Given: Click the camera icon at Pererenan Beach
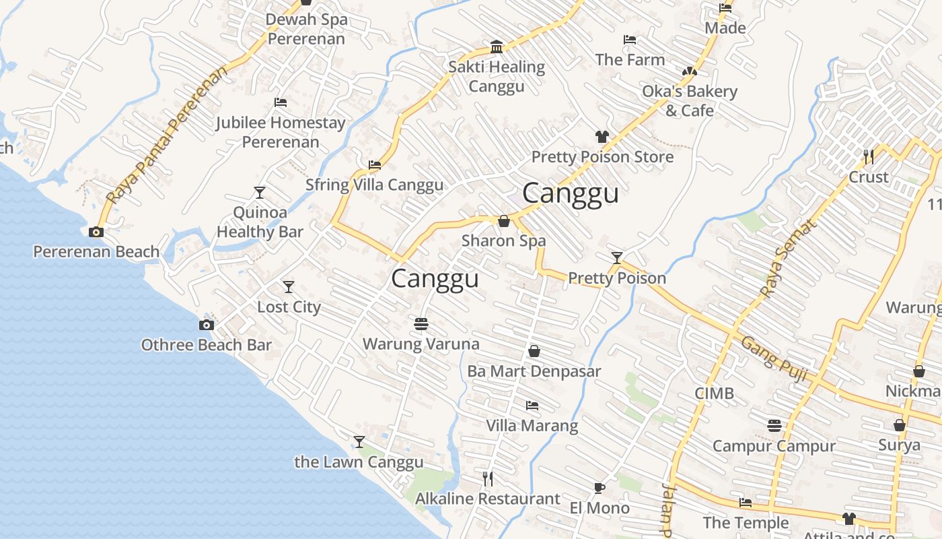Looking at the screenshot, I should pyautogui.click(x=96, y=232).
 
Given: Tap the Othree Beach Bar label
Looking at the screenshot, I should pyautogui.click(x=206, y=345).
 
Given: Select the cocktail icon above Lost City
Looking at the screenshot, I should pyautogui.click(x=289, y=287).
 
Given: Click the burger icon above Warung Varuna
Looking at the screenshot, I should pyautogui.click(x=421, y=324).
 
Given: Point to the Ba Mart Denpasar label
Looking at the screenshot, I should pyautogui.click(x=534, y=371).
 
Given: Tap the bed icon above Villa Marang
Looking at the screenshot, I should pyautogui.click(x=532, y=406).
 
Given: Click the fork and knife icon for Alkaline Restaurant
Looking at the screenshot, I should pyautogui.click(x=488, y=479).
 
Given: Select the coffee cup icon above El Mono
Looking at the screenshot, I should pyautogui.click(x=600, y=488).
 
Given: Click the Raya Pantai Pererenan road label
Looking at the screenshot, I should pyautogui.click(x=168, y=135).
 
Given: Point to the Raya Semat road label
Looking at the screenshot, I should pyautogui.click(x=788, y=259).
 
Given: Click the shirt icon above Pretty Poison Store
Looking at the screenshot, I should pyautogui.click(x=602, y=137).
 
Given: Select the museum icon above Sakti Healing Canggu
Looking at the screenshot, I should pyautogui.click(x=497, y=46).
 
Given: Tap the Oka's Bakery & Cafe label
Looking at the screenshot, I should pyautogui.click(x=690, y=100).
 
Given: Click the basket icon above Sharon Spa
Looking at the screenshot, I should pyautogui.click(x=503, y=221).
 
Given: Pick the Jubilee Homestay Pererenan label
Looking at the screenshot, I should pyautogui.click(x=281, y=132).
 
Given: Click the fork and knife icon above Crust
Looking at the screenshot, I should pyautogui.click(x=869, y=157).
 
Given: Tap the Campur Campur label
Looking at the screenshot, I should pyautogui.click(x=774, y=446).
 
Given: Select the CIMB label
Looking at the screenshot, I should pyautogui.click(x=715, y=393).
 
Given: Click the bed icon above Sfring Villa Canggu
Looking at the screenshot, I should pyautogui.click(x=375, y=164).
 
